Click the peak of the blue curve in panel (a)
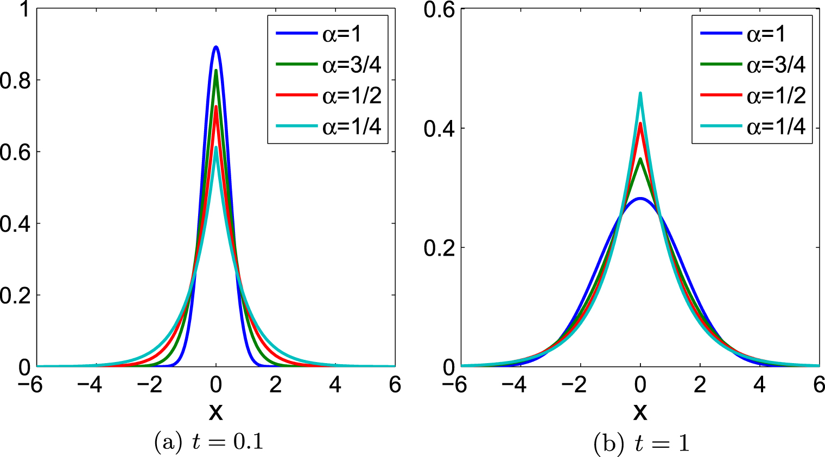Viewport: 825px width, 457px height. click(216, 47)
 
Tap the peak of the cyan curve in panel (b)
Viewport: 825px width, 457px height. click(640, 93)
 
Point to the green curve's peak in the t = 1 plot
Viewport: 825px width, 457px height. click(640, 159)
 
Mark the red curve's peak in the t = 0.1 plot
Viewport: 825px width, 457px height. click(216, 107)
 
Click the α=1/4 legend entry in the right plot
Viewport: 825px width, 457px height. click(776, 126)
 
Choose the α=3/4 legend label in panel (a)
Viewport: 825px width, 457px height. click(352, 65)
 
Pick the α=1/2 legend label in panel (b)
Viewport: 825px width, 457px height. click(776, 96)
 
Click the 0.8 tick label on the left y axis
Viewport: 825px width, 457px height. click(15, 80)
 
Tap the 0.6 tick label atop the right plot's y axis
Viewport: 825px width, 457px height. click(439, 10)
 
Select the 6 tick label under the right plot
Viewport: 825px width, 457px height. click(818, 385)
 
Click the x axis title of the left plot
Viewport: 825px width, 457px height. click(216, 412)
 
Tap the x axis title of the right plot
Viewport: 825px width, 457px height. click(640, 412)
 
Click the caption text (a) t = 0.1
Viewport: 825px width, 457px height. click(209, 442)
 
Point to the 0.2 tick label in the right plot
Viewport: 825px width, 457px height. click(439, 247)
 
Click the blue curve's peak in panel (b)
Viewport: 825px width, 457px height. click(640, 199)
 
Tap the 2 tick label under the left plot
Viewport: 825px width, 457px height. click(276, 385)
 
